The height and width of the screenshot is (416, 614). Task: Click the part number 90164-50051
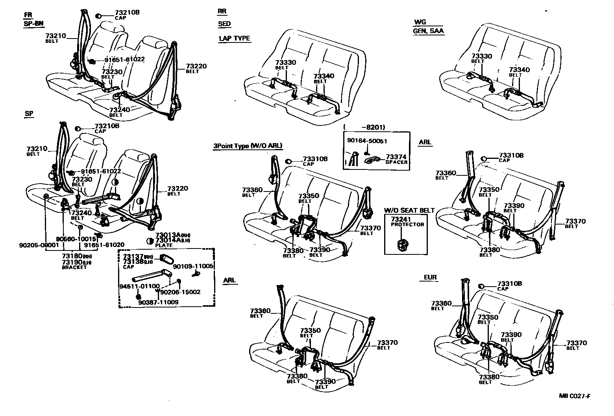[367, 140]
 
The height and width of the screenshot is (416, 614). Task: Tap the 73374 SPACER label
[396, 159]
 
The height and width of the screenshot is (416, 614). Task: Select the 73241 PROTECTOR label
[407, 221]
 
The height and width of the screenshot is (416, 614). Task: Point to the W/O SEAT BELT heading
[409, 210]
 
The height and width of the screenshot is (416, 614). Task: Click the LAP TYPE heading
[234, 39]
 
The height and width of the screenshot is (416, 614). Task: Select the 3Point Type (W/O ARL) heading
[248, 146]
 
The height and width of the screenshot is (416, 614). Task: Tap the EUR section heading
[430, 277]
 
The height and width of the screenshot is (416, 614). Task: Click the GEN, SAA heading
[428, 31]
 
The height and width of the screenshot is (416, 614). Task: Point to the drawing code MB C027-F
[575, 396]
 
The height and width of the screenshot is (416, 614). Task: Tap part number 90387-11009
[158, 302]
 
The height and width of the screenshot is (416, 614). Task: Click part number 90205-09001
[39, 245]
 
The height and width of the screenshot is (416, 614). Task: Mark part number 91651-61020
[104, 245]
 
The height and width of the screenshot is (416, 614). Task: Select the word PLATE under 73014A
[163, 245]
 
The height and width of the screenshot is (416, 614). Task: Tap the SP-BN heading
[33, 23]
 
